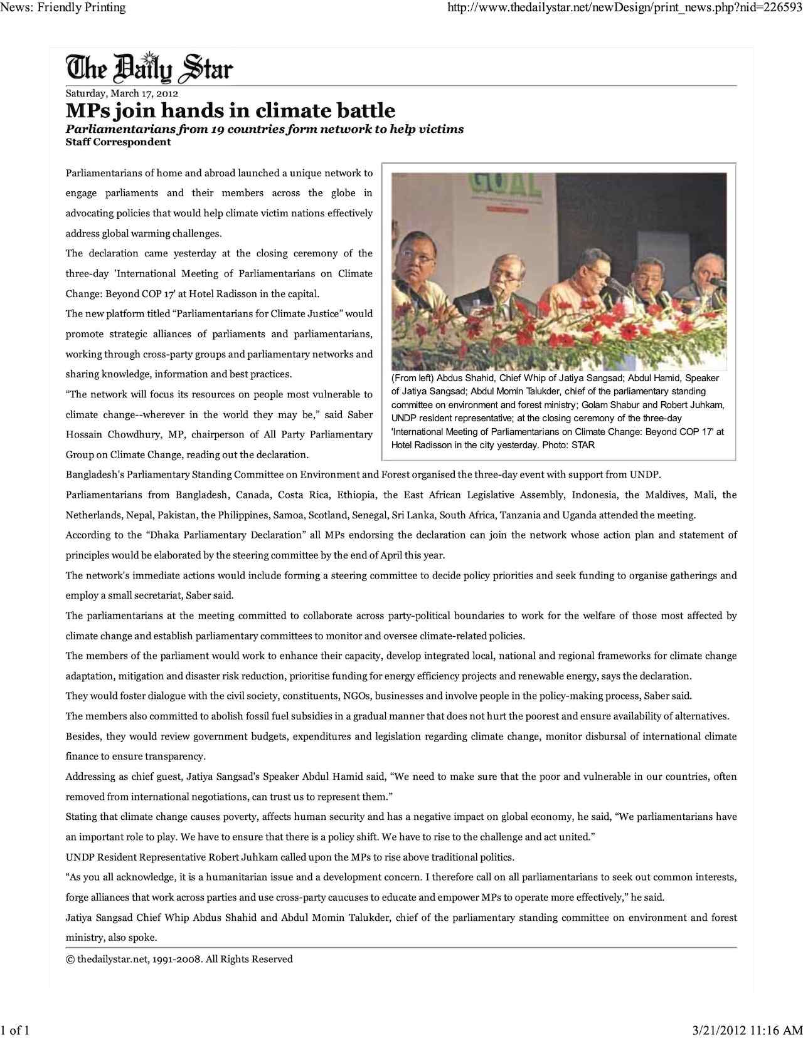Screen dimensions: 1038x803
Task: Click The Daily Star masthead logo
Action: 149,68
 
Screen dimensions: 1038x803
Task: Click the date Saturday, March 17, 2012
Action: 122,93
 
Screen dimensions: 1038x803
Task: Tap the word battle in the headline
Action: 364,111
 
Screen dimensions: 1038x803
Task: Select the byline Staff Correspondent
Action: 118,142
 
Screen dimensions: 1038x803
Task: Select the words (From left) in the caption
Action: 412,378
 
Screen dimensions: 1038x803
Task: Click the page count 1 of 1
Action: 16,1030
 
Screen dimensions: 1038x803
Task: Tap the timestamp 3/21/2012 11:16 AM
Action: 747,1030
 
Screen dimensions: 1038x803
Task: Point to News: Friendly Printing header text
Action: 63,8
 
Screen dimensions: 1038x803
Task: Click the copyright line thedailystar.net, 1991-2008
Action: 179,959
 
